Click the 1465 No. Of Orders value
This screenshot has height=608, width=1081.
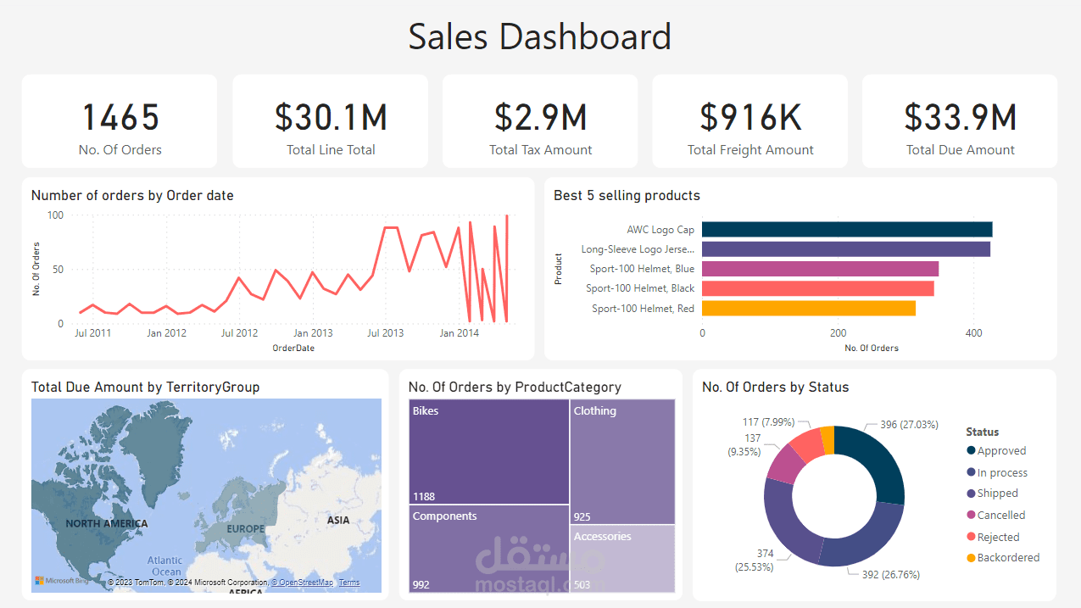click(x=120, y=117)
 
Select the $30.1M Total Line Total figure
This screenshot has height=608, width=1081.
click(x=331, y=117)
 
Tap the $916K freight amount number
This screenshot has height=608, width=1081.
click(x=750, y=117)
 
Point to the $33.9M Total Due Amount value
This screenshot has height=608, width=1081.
click(x=960, y=117)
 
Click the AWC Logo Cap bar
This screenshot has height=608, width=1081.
click(x=846, y=229)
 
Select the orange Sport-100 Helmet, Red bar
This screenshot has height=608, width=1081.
click(x=808, y=309)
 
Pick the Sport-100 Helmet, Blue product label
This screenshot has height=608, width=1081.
click(x=642, y=269)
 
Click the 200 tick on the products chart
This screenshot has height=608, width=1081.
click(x=838, y=333)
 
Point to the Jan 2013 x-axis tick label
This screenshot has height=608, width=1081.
click(x=312, y=333)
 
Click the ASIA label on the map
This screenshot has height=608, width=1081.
click(x=338, y=520)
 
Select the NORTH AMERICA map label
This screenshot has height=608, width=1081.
click(x=107, y=523)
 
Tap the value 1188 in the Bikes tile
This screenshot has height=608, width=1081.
click(x=425, y=496)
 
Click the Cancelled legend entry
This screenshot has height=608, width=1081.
click(x=1000, y=515)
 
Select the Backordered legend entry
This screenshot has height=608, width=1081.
click(x=1007, y=557)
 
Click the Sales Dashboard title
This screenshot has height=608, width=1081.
click(x=540, y=37)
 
